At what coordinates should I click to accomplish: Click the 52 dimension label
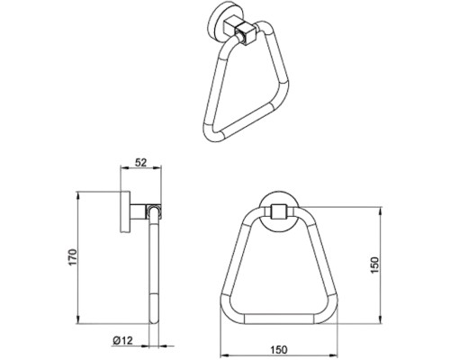[140, 163]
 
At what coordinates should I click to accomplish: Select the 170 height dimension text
[73, 257]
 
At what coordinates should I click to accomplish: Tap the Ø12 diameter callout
[122, 340]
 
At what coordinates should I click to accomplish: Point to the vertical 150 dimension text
[374, 265]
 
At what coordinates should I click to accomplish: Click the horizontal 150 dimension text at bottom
[279, 350]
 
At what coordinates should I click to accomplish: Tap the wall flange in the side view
[125, 211]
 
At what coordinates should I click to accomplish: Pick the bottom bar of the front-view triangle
[279, 319]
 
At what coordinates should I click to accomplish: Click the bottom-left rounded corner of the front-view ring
[229, 312]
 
